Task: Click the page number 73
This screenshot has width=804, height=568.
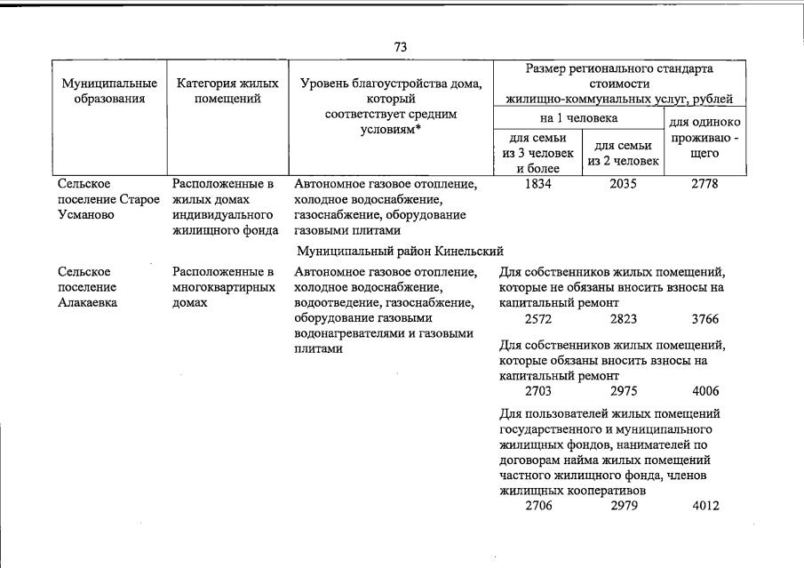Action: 401,47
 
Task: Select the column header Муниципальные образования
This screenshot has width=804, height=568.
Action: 103,91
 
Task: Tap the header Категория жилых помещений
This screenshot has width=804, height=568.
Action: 227,91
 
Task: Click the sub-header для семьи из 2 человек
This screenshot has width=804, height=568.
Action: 622,153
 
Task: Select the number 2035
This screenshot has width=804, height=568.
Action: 624,185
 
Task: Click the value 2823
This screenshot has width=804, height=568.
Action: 624,319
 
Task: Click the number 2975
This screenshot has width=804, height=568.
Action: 624,391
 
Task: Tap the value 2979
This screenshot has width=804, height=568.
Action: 624,506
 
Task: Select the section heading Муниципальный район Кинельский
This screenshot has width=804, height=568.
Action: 401,251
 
